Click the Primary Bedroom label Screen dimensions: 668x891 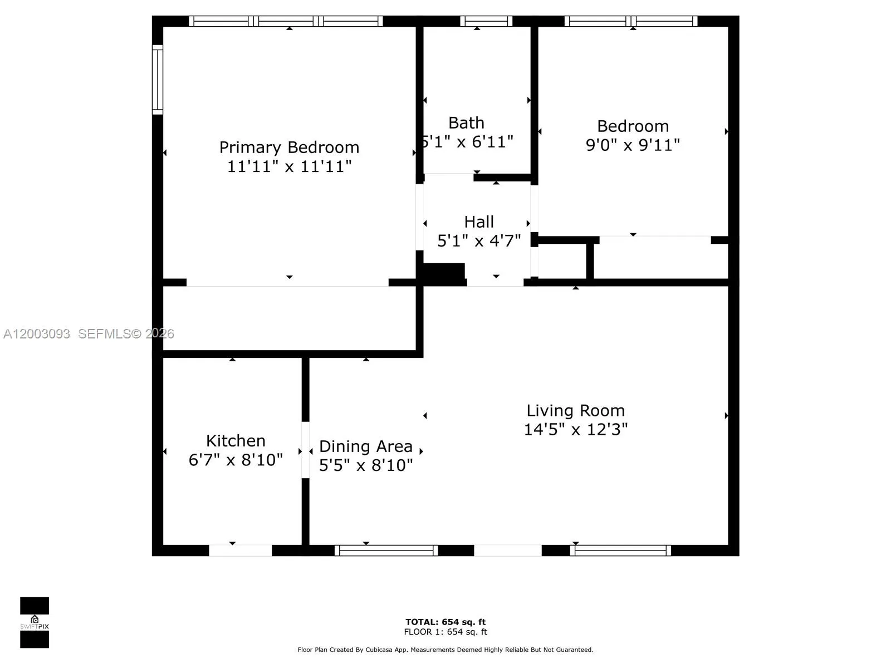[289, 148]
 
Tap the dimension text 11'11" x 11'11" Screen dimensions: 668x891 [289, 166]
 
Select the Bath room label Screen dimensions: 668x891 [466, 123]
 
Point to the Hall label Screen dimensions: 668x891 [479, 222]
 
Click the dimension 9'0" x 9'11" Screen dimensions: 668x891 [633, 145]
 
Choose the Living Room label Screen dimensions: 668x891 [575, 411]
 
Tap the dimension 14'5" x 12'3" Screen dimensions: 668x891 [575, 430]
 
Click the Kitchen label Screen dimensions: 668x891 [236, 441]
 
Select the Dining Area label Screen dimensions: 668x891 [366, 446]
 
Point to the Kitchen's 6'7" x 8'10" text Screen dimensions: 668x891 [236, 460]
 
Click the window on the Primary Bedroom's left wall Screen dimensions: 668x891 [158, 80]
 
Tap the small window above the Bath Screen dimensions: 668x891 [486, 21]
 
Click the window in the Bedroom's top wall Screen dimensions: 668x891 [631, 21]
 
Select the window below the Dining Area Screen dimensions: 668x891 [386, 551]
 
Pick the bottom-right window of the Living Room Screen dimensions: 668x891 [621, 551]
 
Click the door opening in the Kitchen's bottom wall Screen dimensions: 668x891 [240, 551]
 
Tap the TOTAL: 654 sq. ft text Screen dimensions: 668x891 [445, 622]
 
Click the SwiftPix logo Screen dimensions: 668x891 [35, 622]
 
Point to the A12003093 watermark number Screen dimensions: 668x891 [37, 334]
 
